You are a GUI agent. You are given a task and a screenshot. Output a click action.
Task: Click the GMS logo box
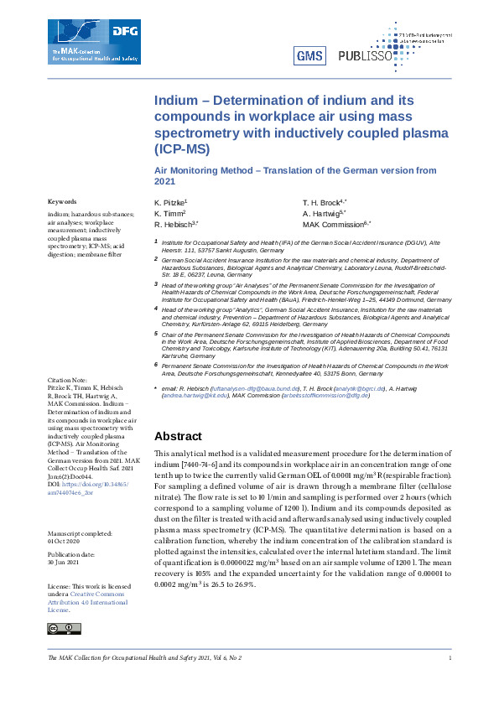309,56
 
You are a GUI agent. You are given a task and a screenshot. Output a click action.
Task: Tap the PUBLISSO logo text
366,56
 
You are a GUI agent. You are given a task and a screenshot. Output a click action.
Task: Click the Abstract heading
178,436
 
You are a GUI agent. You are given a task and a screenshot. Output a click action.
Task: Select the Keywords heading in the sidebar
62,202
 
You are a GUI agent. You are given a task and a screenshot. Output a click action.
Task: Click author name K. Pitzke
171,204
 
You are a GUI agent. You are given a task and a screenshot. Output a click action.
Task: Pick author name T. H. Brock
324,204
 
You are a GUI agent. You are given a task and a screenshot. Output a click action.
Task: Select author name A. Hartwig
322,215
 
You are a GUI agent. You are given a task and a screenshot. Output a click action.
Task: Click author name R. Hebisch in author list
175,226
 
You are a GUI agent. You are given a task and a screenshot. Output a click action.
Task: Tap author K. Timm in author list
169,215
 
